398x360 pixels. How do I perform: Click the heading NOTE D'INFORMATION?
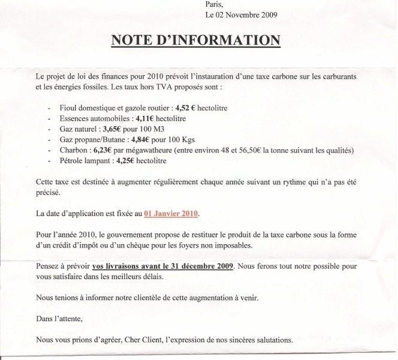point(195,40)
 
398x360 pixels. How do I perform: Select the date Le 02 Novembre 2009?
point(241,14)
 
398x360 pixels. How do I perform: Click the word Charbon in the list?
point(71,151)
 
